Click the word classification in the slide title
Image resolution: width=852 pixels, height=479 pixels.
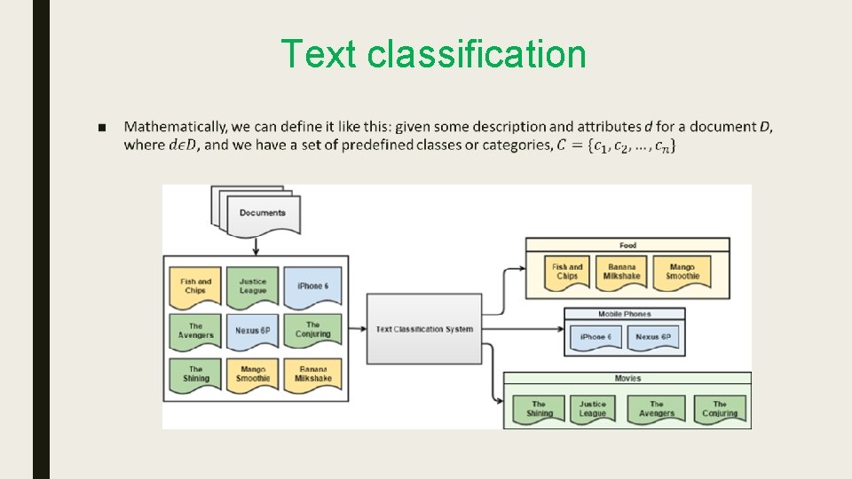(x=476, y=54)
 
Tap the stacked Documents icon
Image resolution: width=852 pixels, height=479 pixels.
(x=256, y=211)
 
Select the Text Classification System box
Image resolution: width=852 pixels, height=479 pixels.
(x=424, y=329)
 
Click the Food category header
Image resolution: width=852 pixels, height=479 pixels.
(x=627, y=245)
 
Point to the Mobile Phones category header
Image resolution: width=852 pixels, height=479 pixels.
(x=624, y=314)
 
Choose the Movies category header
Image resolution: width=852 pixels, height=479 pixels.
(x=627, y=378)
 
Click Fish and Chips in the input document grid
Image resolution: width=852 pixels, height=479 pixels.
(x=195, y=286)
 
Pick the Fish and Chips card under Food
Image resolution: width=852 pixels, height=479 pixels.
(x=567, y=271)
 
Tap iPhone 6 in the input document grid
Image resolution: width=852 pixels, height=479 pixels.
(x=312, y=286)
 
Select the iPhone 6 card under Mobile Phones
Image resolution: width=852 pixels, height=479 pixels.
(x=595, y=337)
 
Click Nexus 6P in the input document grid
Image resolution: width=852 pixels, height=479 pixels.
(x=253, y=331)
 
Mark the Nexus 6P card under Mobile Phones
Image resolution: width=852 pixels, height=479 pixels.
(x=653, y=337)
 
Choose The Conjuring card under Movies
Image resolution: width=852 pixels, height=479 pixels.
(x=719, y=408)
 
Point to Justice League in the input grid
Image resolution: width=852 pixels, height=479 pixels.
(x=253, y=286)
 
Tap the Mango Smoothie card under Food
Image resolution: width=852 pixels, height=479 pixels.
(x=682, y=271)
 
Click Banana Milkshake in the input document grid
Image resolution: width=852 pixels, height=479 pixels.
(x=312, y=373)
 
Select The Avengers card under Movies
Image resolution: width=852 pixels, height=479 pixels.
(x=656, y=408)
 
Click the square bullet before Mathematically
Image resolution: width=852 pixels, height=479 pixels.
(x=104, y=127)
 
